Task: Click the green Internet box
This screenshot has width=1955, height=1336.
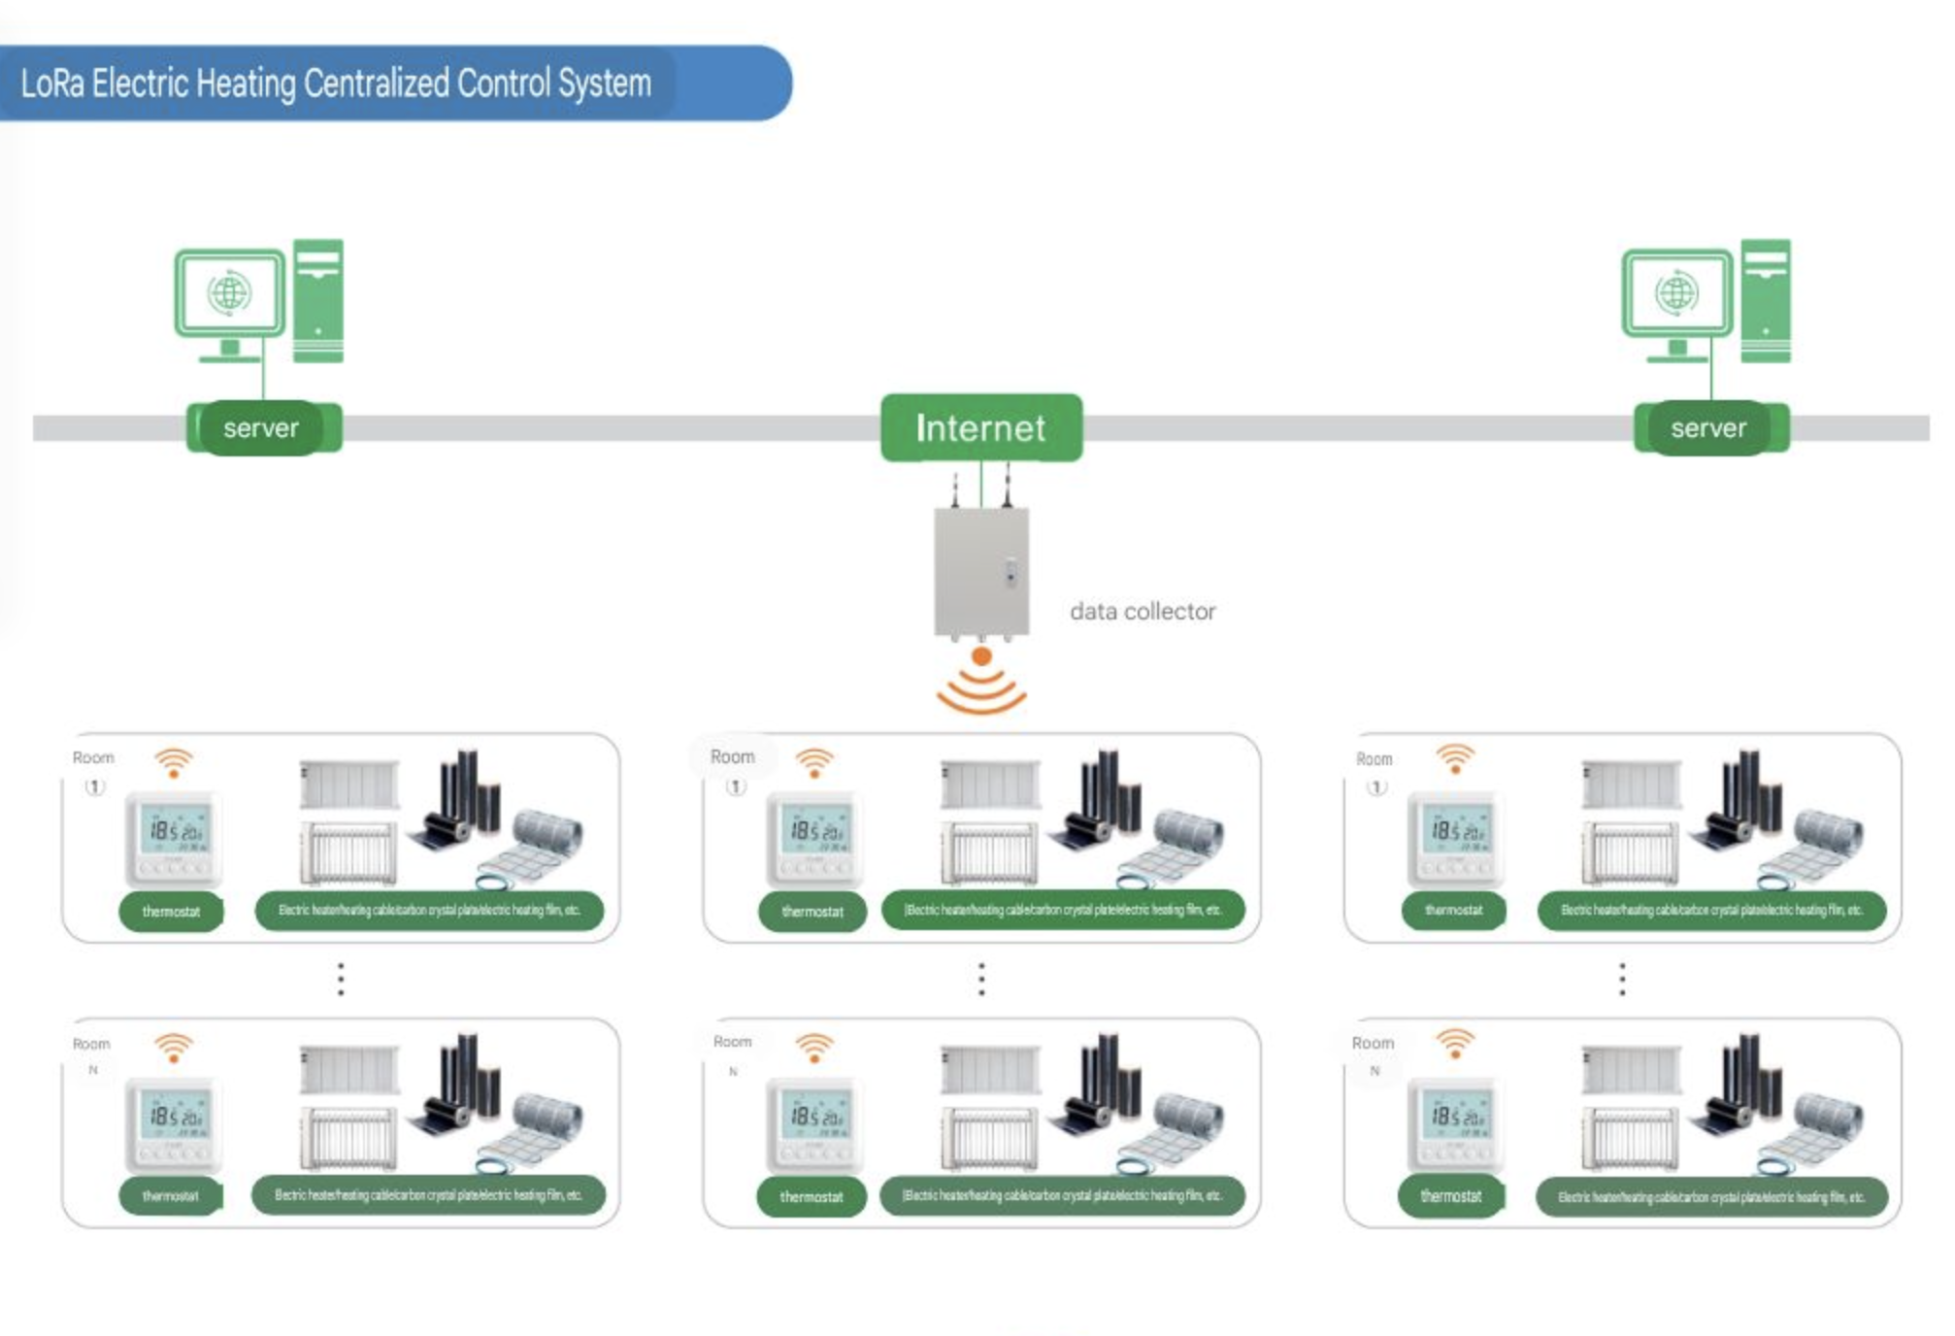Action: coord(980,427)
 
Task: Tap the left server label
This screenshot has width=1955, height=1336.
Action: coord(261,427)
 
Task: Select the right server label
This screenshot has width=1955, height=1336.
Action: coord(1708,427)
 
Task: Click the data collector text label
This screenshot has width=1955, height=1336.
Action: coord(1142,612)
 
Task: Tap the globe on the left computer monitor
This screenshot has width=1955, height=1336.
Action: coord(230,292)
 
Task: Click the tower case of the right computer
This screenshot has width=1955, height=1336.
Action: coord(1765,300)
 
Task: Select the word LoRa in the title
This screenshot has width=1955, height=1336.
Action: coord(52,83)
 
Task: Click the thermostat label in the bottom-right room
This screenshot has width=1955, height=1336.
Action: coord(1450,1196)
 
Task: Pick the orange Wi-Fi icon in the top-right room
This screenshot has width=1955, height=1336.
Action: coord(1455,758)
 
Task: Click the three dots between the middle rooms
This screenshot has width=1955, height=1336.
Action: coord(981,979)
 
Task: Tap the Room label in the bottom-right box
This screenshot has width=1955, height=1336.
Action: coord(1373,1043)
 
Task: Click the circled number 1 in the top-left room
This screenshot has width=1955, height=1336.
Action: coord(94,786)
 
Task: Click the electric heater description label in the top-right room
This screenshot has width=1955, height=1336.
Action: coord(1711,911)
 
